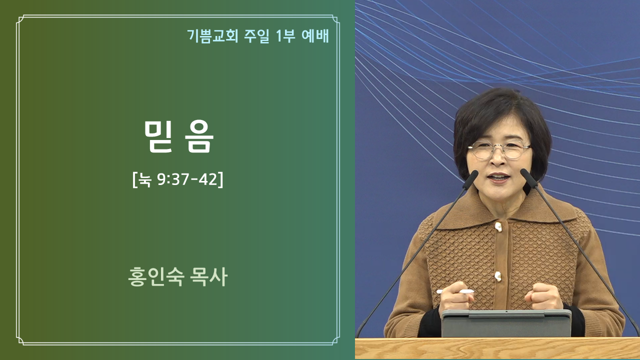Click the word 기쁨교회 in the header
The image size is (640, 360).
tap(212, 36)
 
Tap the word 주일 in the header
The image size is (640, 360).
tap(256, 36)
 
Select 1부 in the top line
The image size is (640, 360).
tap(285, 36)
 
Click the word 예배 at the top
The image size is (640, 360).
tap(315, 36)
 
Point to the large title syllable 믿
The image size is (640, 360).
tap(158, 136)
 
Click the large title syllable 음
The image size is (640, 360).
tap(199, 136)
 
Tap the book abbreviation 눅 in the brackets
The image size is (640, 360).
tap(144, 180)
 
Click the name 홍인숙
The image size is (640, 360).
tap(156, 276)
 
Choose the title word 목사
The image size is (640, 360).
tap(208, 276)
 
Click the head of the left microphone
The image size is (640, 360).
tap(470, 179)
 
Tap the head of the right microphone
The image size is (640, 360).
tap(529, 178)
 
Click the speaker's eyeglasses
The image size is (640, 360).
tap(499, 149)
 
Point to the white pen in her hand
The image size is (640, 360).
tap(455, 291)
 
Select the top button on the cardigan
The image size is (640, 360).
tap(498, 227)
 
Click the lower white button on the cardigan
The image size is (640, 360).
tap(498, 276)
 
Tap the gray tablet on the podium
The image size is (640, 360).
tap(506, 323)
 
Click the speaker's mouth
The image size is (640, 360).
tap(499, 177)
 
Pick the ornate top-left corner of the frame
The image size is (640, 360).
tap(21, 19)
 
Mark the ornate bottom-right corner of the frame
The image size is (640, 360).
tap(335, 340)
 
